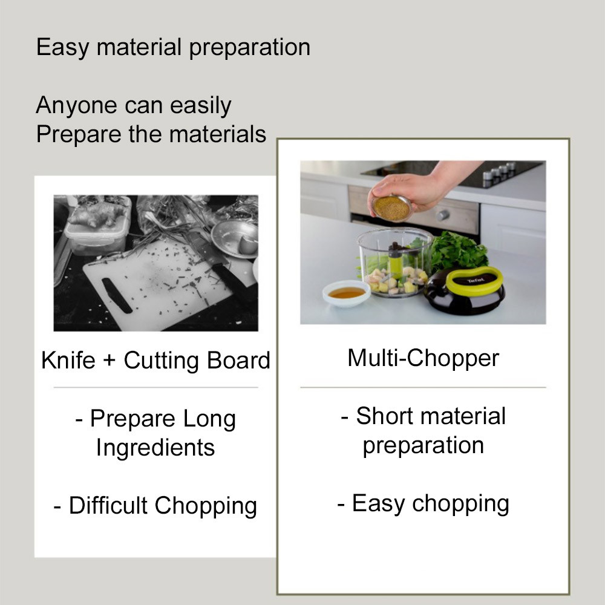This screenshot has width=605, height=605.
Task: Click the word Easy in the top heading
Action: pos(62,48)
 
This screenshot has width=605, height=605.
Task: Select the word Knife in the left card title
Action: pos(68,360)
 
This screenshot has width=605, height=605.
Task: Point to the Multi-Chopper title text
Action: pos(423,358)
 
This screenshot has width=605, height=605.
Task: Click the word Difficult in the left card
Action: pos(108,505)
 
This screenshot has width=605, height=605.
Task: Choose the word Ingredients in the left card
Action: pos(155,448)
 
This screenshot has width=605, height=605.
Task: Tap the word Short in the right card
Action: pos(385,416)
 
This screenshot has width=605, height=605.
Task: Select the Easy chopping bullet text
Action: pos(423,504)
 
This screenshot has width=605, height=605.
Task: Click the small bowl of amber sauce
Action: pos(347,293)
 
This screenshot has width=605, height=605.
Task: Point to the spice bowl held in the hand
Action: pos(391,208)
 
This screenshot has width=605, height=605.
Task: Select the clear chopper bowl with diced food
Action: pos(394,263)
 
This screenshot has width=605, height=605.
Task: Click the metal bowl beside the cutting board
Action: pos(234,238)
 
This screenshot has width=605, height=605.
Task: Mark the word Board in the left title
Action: pos(238,360)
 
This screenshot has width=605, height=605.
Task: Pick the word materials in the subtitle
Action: pos(218,134)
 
